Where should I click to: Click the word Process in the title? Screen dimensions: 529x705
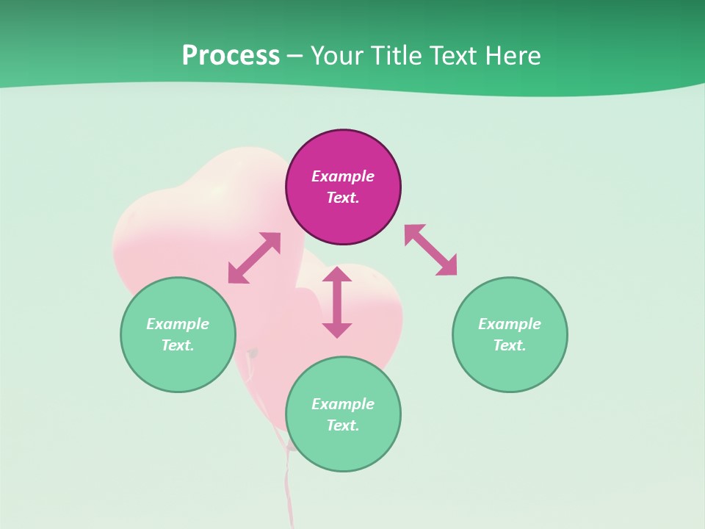click(231, 56)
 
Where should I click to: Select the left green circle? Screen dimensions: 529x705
click(178, 367)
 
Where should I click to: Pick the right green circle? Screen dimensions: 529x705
click(510, 367)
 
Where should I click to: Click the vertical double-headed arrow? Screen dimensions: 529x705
click(337, 302)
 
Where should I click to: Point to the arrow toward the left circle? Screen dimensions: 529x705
click(254, 258)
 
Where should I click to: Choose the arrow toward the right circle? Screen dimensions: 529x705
click(431, 250)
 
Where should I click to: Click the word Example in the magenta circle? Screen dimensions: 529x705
click(343, 176)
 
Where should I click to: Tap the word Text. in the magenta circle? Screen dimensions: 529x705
click(343, 198)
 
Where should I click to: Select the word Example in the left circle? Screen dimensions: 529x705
click(178, 324)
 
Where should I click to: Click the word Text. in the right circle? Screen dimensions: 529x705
click(510, 345)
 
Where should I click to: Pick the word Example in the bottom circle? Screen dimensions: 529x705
click(343, 404)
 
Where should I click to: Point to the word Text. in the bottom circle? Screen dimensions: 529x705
click(343, 425)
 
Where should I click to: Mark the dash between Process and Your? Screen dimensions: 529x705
click(294, 56)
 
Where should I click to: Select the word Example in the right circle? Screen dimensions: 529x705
click(510, 324)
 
